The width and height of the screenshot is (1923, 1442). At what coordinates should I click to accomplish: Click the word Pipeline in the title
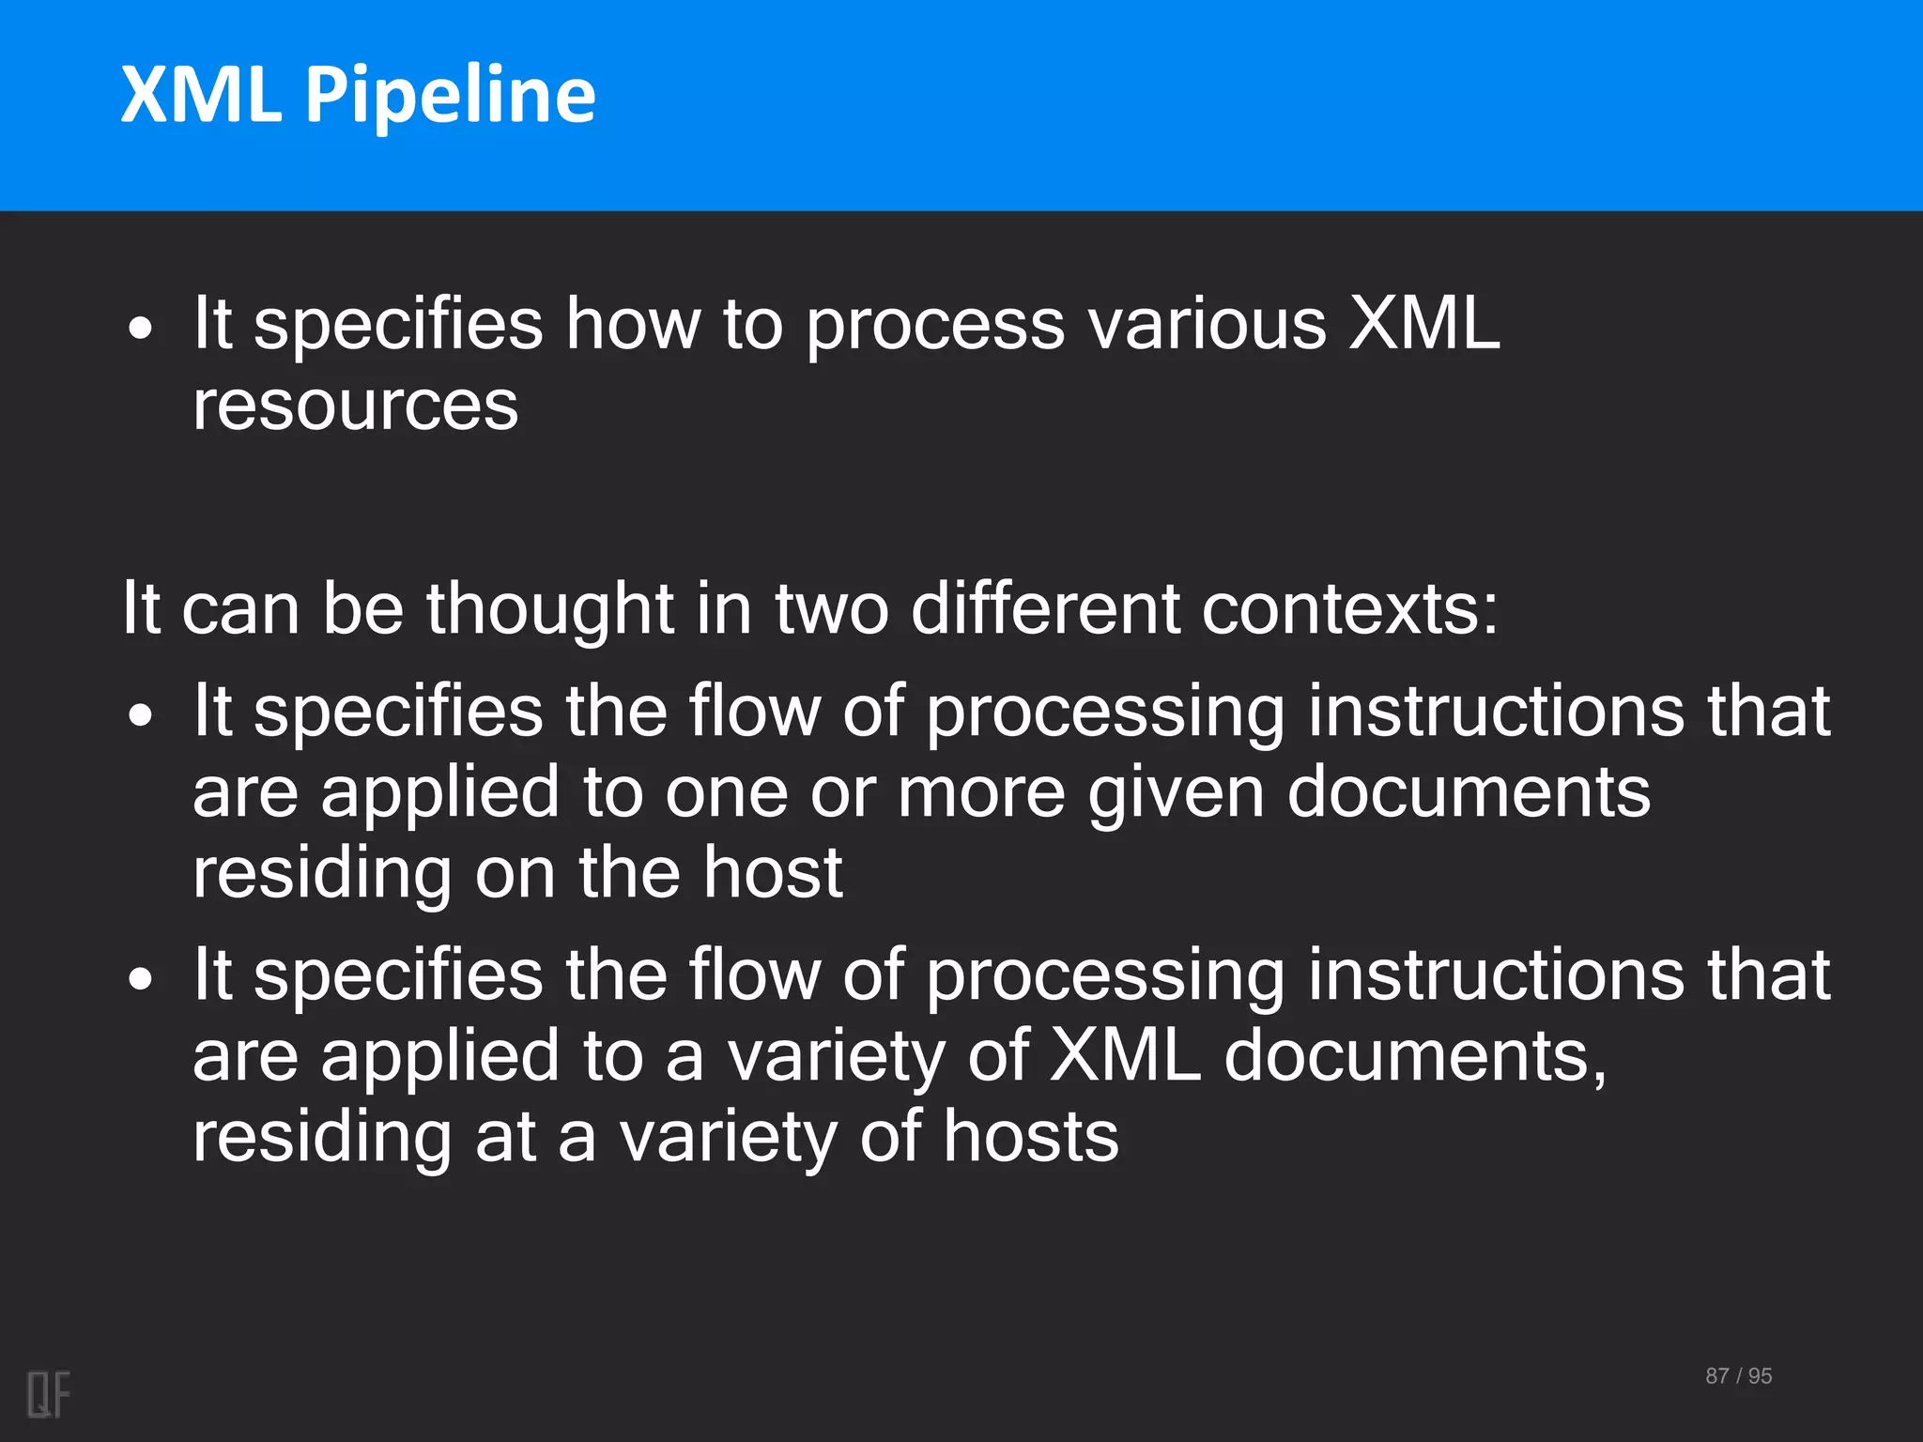(450, 96)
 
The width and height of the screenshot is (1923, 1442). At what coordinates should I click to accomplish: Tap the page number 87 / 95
(1738, 1376)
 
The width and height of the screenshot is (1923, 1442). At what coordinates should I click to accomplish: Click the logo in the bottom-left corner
(49, 1394)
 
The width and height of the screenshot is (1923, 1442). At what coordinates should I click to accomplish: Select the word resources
(355, 407)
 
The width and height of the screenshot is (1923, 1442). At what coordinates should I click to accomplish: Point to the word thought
(549, 608)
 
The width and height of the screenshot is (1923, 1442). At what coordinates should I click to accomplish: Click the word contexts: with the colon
(1349, 608)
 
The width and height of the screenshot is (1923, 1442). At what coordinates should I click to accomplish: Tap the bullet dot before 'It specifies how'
(141, 330)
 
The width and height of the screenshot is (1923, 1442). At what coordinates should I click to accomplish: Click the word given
(1176, 793)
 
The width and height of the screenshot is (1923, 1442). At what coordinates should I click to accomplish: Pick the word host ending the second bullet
(773, 873)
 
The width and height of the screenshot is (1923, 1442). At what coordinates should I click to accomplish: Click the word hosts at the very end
(1030, 1137)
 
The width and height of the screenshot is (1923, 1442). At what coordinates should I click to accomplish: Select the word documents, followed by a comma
(1415, 1056)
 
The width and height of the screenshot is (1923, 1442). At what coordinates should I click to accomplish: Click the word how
(632, 324)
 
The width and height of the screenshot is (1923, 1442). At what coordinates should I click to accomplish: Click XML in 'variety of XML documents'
(1125, 1056)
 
